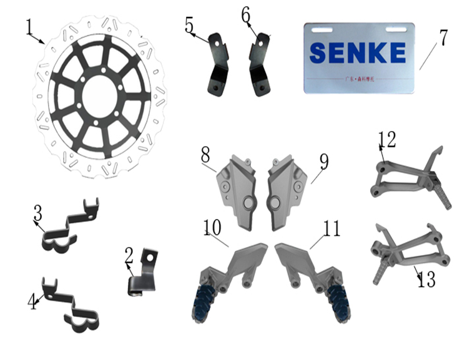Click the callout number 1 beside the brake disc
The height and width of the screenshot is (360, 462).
[29, 27]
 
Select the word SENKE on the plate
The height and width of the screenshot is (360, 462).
[357, 53]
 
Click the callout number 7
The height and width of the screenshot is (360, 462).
[442, 37]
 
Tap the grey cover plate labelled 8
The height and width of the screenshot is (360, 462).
[239, 190]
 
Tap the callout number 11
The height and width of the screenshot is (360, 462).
[332, 228]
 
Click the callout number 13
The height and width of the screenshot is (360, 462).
[426, 279]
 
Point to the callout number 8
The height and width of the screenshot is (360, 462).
[205, 155]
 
